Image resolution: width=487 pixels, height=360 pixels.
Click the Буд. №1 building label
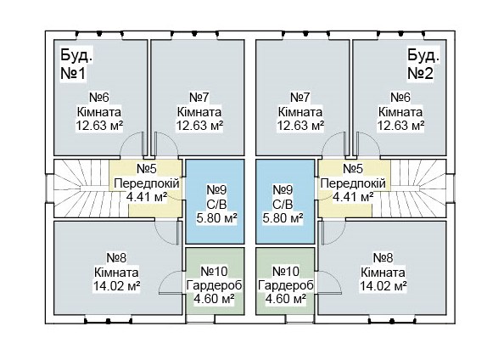click(76, 65)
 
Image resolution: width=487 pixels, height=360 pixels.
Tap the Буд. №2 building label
click(423, 65)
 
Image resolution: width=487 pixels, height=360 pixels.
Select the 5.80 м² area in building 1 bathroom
click(217, 218)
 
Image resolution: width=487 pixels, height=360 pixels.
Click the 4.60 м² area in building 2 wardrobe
click(286, 299)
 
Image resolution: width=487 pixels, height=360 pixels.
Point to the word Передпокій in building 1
click(147, 183)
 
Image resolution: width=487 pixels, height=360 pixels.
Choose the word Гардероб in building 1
click(214, 285)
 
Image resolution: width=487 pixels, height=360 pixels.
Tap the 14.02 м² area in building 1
click(116, 285)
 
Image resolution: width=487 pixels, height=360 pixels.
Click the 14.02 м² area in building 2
click(383, 285)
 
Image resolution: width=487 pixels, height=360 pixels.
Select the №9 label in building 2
click(283, 189)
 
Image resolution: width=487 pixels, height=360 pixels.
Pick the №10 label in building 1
click(214, 272)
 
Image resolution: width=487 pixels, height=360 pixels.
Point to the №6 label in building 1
click(99, 98)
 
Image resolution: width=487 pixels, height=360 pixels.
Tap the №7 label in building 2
click(300, 98)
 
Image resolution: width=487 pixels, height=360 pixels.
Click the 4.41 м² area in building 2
click(353, 197)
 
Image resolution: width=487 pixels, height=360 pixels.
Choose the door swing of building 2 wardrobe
click(334, 277)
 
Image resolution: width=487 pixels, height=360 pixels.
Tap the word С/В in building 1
click(217, 205)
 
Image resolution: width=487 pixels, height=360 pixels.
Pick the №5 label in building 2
click(353, 169)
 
